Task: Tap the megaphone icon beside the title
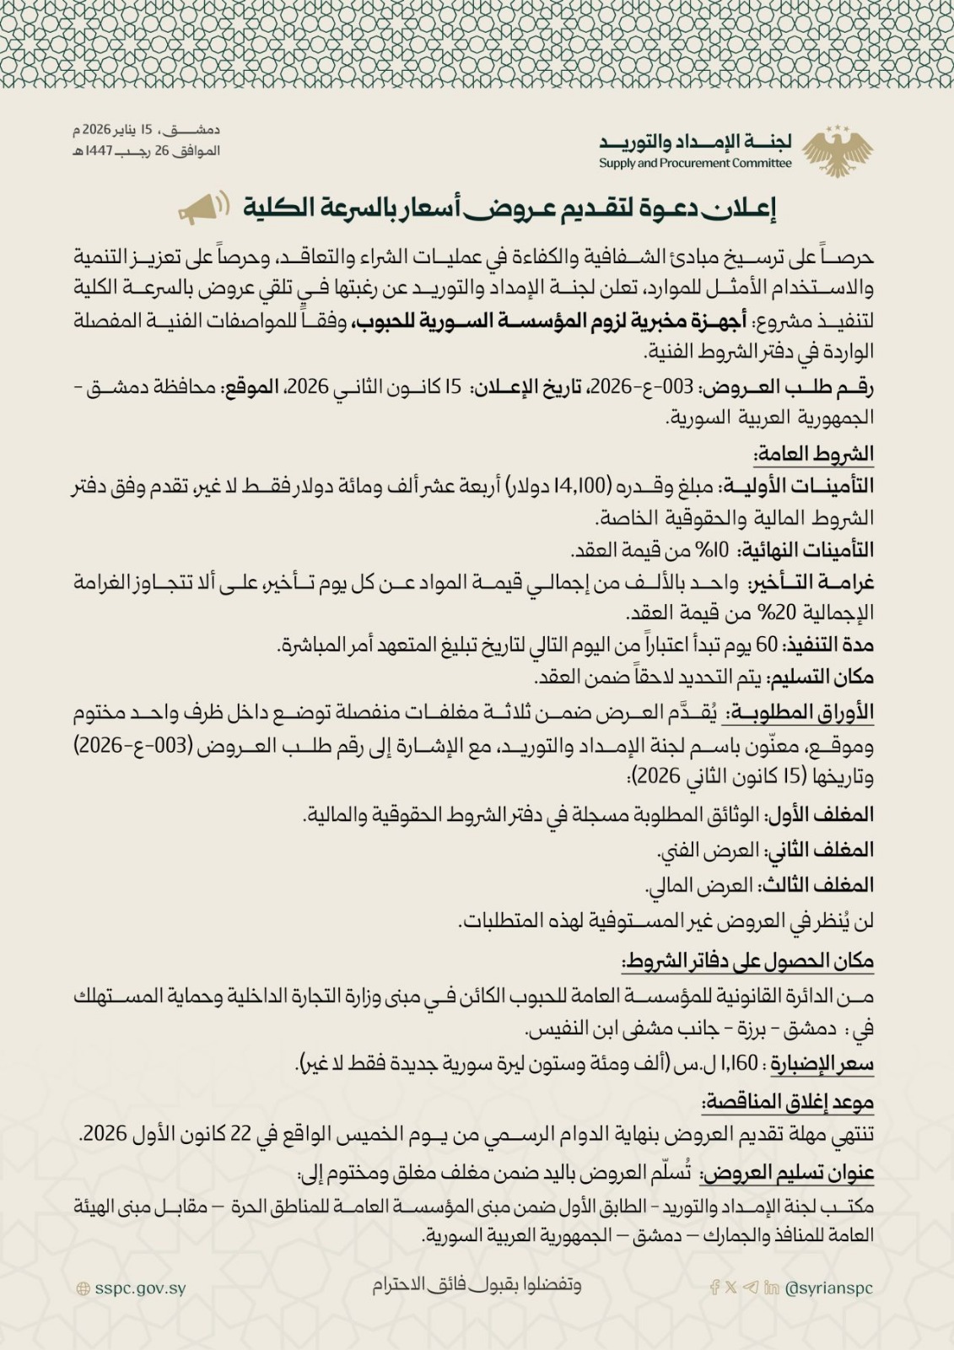(203, 208)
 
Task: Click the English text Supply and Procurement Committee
(695, 164)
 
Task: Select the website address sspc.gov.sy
(140, 1288)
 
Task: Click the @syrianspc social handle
(828, 1288)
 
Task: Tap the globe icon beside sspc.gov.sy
(83, 1289)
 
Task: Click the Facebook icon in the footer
(715, 1288)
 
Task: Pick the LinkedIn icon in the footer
(771, 1288)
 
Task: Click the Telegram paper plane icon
(751, 1288)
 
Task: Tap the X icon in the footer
(731, 1288)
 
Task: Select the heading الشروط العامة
(814, 455)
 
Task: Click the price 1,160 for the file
(741, 1065)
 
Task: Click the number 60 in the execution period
(767, 645)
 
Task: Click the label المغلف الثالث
(817, 885)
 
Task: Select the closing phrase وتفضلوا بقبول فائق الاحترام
(477, 1285)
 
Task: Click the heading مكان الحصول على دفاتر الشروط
(747, 961)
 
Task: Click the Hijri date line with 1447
(146, 151)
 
